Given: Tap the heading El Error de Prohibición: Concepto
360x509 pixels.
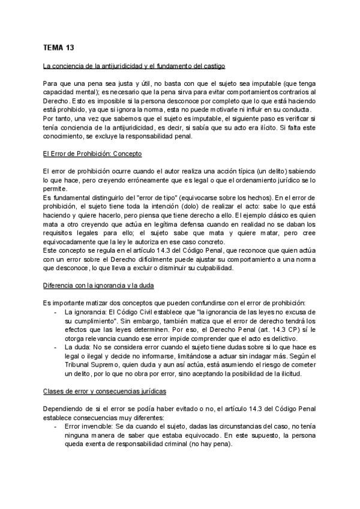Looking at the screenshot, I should [x=92, y=154].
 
